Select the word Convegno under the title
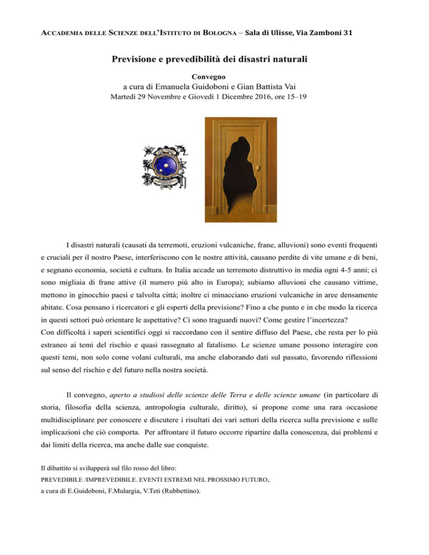(x=214, y=75)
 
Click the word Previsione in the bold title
(x=147, y=59)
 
